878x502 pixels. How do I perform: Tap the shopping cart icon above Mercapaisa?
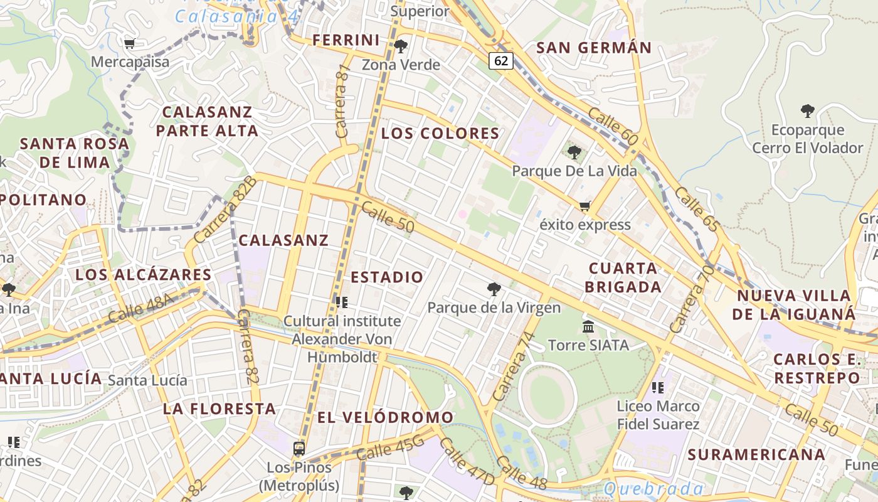tap(130, 43)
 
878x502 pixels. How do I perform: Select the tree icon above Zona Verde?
tap(401, 46)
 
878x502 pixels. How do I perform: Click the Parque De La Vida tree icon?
tap(574, 152)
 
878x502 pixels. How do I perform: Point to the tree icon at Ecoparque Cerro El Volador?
tap(808, 111)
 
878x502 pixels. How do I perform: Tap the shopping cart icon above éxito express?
tap(585, 206)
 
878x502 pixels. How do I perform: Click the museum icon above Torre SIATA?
tap(588, 326)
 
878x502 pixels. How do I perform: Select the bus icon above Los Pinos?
tap(299, 449)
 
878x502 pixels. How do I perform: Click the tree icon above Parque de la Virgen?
tap(494, 289)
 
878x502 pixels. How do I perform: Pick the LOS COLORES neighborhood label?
tap(440, 133)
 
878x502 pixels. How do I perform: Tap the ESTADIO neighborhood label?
tap(387, 277)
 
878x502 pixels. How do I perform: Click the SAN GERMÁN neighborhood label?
tap(594, 47)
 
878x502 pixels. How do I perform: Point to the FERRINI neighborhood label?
tap(346, 40)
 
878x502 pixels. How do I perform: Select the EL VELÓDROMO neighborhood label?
tap(385, 417)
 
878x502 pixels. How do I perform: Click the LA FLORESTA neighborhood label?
tap(219, 409)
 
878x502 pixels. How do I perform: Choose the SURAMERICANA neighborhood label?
tap(756, 454)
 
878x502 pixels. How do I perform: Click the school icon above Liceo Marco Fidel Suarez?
tap(658, 388)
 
